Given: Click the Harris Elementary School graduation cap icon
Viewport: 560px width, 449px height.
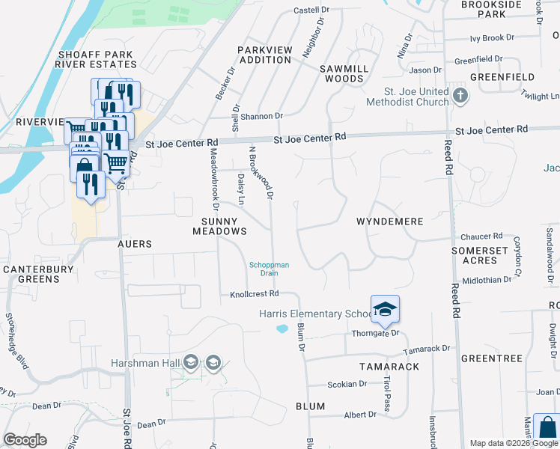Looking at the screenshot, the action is click(x=385, y=309).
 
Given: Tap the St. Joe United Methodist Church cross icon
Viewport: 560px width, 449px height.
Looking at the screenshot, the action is click(x=460, y=95).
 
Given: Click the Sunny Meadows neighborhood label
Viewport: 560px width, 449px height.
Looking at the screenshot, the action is click(x=219, y=227).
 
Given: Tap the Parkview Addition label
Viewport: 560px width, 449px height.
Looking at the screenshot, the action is click(x=264, y=55).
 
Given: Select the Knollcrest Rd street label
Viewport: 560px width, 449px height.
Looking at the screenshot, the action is click(x=254, y=294).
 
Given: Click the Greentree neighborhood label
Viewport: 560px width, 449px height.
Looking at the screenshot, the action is click(x=491, y=358).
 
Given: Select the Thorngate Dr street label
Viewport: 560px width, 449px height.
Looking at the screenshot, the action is click(x=377, y=333).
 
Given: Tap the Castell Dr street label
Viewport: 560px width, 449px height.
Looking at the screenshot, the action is click(x=311, y=10).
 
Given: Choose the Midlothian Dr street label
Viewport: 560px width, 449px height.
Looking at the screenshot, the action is click(x=487, y=279).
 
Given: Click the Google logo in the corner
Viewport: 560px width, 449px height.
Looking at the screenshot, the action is click(x=25, y=440).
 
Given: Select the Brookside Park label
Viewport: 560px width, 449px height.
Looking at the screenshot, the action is click(x=491, y=9).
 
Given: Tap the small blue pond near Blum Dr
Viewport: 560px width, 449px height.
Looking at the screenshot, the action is click(x=282, y=328).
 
